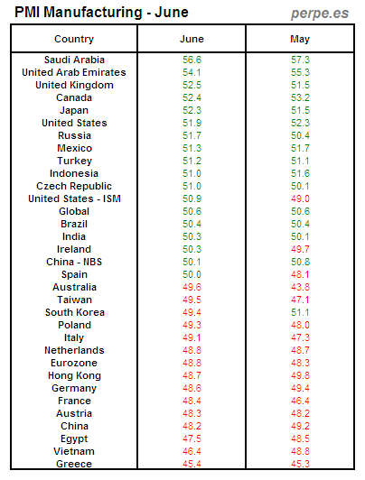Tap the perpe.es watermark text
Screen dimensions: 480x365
point(320,14)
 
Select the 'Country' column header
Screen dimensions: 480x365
point(74,39)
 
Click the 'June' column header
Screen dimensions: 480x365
point(192,39)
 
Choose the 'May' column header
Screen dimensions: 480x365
point(300,39)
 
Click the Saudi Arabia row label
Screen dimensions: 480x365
point(74,60)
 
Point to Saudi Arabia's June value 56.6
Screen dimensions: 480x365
point(192,60)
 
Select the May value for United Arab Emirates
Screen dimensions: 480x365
point(300,72)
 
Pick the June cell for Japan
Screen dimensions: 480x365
point(192,110)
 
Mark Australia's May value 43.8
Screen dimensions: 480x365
point(300,287)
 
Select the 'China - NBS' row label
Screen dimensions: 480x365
point(74,262)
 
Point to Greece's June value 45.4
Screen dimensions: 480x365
point(192,464)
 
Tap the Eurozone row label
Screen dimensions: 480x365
point(74,363)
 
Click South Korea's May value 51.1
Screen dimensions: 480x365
point(300,312)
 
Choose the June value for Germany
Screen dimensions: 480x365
point(192,388)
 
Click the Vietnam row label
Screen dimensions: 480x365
point(74,451)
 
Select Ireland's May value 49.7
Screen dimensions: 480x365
point(300,249)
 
